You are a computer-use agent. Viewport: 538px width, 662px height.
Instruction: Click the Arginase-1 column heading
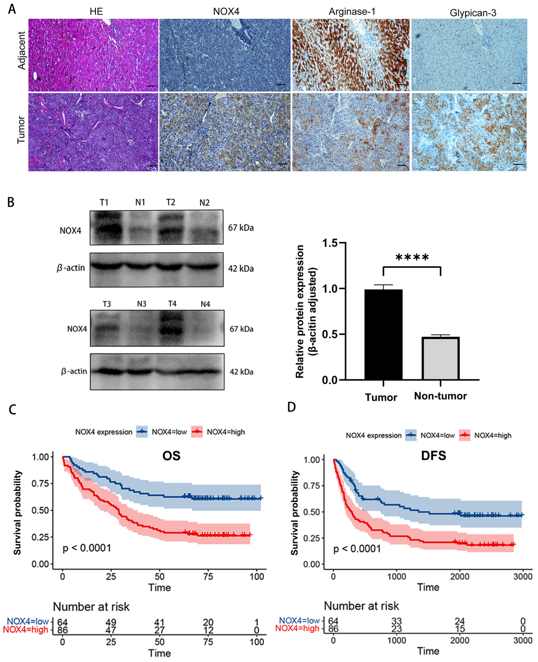[352, 12]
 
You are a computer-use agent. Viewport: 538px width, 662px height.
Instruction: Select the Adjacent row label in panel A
[21, 50]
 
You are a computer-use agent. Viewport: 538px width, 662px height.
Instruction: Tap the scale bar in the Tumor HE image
[152, 166]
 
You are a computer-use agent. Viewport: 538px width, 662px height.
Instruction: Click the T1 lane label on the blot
[104, 203]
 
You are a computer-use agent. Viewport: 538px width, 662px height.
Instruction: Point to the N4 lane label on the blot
[205, 304]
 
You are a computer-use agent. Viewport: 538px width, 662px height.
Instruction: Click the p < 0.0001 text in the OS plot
[87, 548]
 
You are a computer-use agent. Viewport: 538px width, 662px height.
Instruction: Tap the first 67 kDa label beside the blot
[241, 228]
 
